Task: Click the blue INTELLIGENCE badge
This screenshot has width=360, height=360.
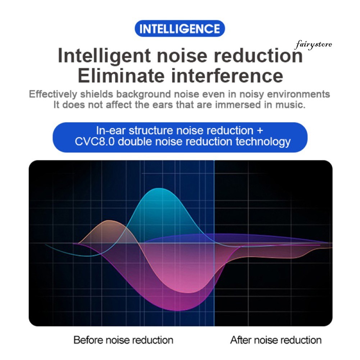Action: point(180,28)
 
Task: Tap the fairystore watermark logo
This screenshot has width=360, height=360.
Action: point(313,45)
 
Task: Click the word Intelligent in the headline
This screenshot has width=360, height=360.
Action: point(104,56)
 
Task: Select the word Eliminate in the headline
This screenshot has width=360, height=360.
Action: point(121,76)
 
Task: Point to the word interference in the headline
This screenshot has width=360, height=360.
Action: point(227,76)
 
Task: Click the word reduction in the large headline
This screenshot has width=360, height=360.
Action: point(258,55)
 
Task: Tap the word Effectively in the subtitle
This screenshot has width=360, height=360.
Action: point(53,94)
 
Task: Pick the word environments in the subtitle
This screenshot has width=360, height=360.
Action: point(299,94)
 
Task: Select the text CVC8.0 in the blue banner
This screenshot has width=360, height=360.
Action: point(95,141)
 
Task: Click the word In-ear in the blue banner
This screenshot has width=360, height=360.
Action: point(111,131)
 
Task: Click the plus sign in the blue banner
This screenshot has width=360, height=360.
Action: point(260,131)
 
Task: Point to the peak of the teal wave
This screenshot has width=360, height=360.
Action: point(159,188)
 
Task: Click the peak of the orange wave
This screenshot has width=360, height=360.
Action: point(110,220)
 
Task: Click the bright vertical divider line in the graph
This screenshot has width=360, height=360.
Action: point(214,243)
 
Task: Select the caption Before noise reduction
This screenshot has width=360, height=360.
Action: point(123,340)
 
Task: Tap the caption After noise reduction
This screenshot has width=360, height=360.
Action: point(276,340)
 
